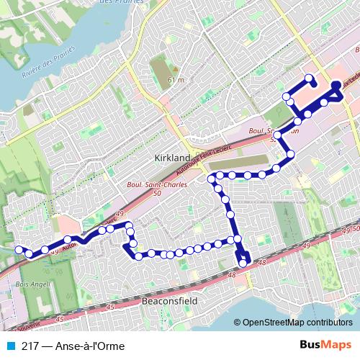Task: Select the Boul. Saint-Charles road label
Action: pyautogui.click(x=156, y=184)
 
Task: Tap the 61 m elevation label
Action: pyautogui.click(x=175, y=79)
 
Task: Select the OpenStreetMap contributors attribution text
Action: pyautogui.click(x=297, y=323)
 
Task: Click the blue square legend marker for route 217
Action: pyautogui.click(x=10, y=346)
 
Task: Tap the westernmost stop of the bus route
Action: pyautogui.click(x=19, y=250)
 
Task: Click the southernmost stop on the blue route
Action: pyautogui.click(x=243, y=263)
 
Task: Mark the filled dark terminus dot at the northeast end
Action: pyautogui.click(x=336, y=86)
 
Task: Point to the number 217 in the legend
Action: pyautogui.click(x=30, y=346)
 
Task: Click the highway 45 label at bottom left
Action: pyautogui.click(x=60, y=318)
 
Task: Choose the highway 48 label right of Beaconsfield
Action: pyautogui.click(x=231, y=275)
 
